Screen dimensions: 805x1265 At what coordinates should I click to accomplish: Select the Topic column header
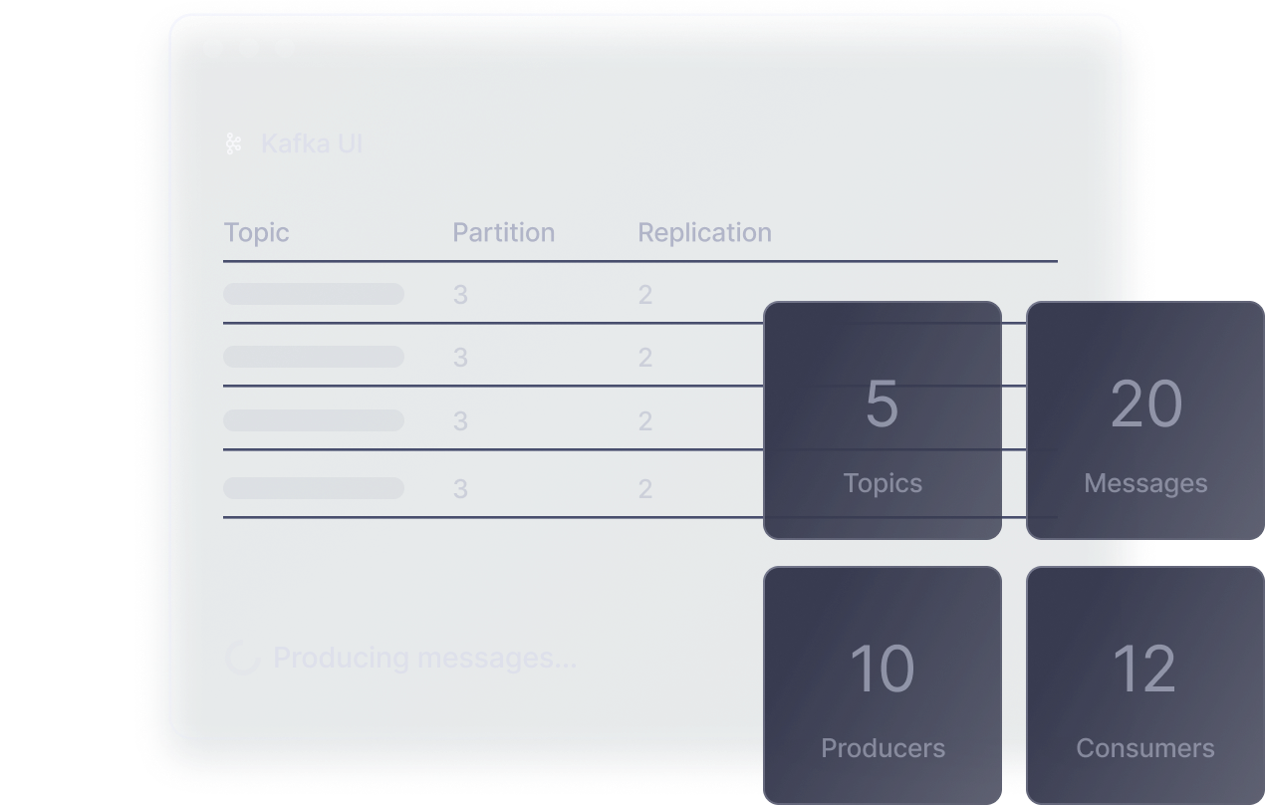point(257,233)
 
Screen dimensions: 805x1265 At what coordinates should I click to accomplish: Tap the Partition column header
point(503,233)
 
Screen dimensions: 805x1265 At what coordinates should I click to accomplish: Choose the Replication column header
point(704,233)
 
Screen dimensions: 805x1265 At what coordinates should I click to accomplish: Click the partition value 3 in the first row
point(460,295)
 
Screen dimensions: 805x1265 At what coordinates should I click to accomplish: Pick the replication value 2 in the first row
point(645,295)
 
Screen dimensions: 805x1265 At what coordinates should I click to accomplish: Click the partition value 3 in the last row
point(460,489)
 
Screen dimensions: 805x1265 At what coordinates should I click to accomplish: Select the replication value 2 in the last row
point(645,489)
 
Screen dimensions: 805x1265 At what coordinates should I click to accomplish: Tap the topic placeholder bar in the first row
point(314,294)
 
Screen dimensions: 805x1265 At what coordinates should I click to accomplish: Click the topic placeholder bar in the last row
point(314,488)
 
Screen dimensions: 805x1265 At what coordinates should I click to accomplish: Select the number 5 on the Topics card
point(883,403)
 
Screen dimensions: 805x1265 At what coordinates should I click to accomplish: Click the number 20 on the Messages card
point(1145,403)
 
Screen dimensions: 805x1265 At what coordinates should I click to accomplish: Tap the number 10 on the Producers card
point(883,669)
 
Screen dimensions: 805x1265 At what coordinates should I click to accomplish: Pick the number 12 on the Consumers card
point(1145,669)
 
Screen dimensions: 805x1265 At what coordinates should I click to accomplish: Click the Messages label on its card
point(1145,484)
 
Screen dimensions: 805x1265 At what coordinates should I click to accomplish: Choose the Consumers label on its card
point(1145,748)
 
